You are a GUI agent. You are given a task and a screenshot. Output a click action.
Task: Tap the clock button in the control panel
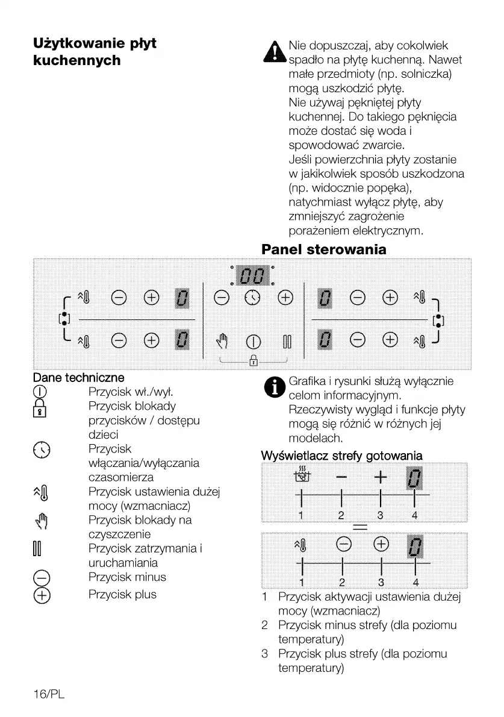tap(252, 298)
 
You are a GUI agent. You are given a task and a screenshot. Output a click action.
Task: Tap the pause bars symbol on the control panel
tap(287, 343)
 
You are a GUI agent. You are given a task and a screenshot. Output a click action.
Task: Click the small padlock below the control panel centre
tap(253, 362)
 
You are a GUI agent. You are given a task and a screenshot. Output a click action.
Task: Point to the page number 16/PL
tap(49, 694)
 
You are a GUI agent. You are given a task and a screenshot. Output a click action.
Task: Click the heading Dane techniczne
tap(78, 378)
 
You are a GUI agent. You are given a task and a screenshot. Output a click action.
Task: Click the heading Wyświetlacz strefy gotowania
tap(341, 455)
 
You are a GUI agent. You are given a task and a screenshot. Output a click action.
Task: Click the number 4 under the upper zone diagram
tap(414, 515)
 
